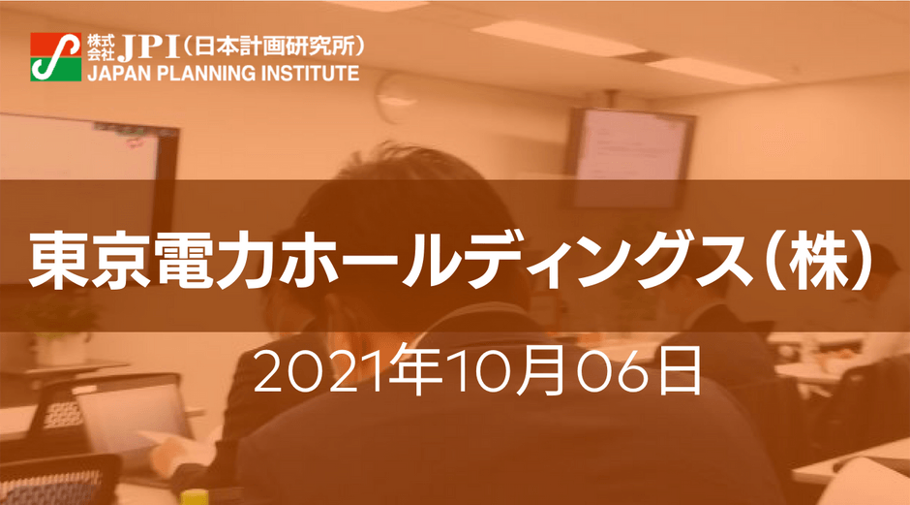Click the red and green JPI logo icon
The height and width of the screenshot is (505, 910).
tap(56, 56)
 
